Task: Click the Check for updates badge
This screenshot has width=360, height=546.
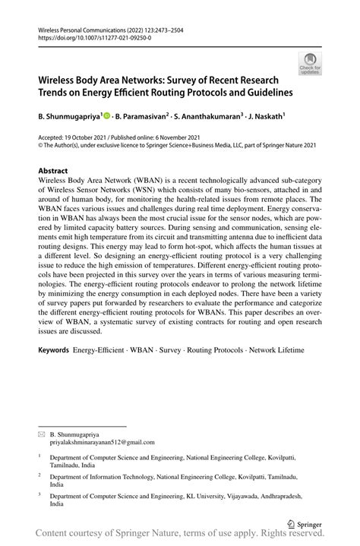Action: tap(311, 64)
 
